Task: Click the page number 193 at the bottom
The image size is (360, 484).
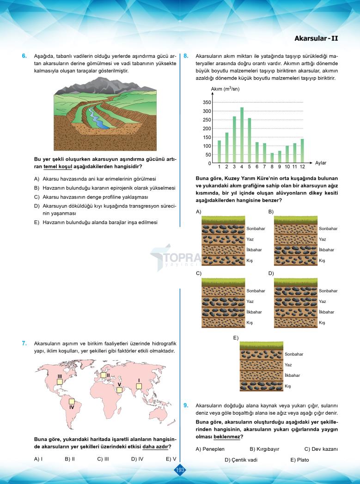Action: click(x=180, y=470)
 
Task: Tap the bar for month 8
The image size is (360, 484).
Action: click(x=272, y=158)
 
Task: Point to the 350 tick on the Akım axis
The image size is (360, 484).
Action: click(x=207, y=103)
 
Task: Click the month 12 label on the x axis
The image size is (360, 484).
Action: click(x=302, y=166)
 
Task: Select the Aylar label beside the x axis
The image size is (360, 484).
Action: click(x=321, y=163)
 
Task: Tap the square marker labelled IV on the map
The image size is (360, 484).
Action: click(x=72, y=401)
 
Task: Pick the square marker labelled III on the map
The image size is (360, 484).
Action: click(x=60, y=382)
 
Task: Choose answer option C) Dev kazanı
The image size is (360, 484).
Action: click(x=321, y=449)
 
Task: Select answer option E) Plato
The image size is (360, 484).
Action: click(x=299, y=460)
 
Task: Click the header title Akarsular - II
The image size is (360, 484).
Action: click(x=316, y=38)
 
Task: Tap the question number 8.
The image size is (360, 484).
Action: click(x=186, y=56)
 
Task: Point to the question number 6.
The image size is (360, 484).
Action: click(x=24, y=56)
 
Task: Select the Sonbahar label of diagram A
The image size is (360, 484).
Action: click(x=256, y=229)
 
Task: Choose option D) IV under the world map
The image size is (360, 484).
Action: click(x=137, y=459)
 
